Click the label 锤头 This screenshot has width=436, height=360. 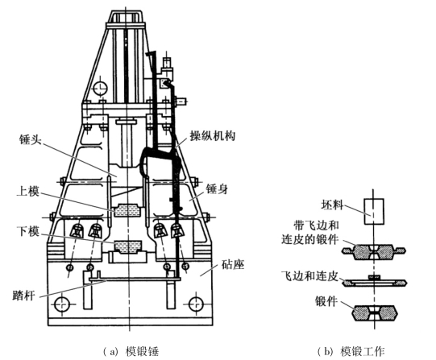click(x=31, y=139)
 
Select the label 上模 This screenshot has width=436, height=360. click(x=28, y=192)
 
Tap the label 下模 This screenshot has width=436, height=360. click(x=28, y=231)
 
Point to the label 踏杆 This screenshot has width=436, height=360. click(x=24, y=296)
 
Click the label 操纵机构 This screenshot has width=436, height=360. click(x=213, y=136)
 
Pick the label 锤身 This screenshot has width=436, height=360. click(x=217, y=189)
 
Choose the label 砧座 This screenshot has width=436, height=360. click(x=233, y=265)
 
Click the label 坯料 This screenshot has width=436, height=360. click(x=332, y=205)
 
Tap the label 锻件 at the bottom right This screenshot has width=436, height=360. click(x=326, y=301)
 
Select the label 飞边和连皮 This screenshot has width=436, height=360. click(x=309, y=275)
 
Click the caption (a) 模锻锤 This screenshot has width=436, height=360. click(x=131, y=352)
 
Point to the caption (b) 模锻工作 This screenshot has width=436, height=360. click(x=351, y=352)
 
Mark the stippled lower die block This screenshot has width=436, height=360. click(x=128, y=246)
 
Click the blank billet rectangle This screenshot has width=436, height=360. click(x=374, y=211)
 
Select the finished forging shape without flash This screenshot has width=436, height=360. click(x=374, y=313)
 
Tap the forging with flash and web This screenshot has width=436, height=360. click(x=374, y=251)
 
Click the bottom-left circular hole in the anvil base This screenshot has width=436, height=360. click(x=61, y=304)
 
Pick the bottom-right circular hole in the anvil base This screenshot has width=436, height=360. click(x=196, y=304)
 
